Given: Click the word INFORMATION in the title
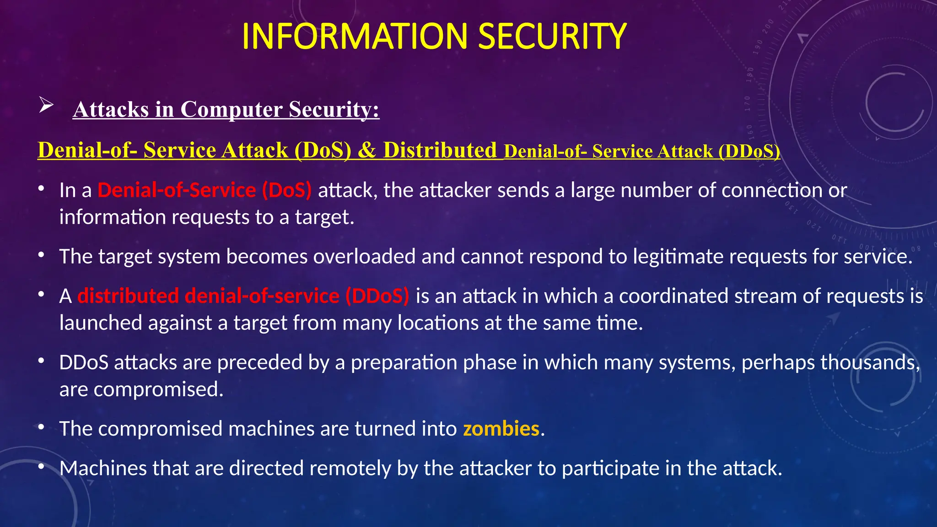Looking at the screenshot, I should tap(355, 37).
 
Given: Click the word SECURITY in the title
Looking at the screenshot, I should tap(552, 37).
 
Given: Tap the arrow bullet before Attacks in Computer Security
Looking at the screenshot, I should tap(46, 105).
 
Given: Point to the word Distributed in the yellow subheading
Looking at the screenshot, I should tap(440, 150).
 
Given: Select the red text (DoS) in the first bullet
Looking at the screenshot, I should tap(287, 190).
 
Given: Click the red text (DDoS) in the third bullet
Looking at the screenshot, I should tap(377, 296).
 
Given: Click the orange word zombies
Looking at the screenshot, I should tap(501, 429).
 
